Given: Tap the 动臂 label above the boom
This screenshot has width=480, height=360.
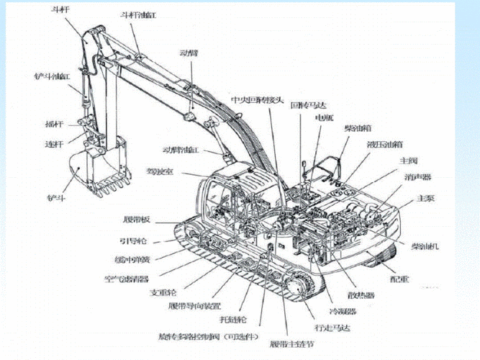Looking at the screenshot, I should point(189,53).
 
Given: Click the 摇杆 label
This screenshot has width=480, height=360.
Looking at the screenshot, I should point(54,124).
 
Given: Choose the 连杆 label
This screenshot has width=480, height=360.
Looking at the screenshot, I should point(55,144).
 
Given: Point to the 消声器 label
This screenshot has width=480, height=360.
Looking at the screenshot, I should point(417,176).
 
